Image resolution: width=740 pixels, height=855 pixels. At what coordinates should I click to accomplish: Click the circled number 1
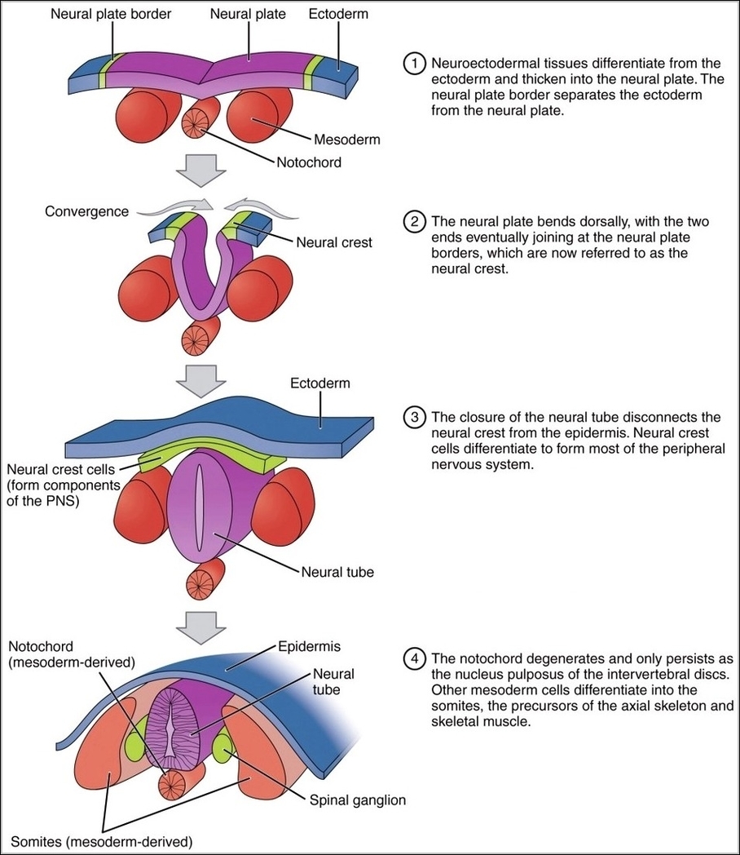click(x=416, y=64)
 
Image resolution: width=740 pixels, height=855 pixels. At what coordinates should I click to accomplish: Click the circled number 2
click(x=416, y=222)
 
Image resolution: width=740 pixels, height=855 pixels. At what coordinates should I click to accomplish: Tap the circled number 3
click(x=416, y=417)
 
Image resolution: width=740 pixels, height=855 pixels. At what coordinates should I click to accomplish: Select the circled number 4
click(x=416, y=658)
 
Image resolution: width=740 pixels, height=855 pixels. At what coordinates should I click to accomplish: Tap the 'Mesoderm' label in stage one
click(x=348, y=140)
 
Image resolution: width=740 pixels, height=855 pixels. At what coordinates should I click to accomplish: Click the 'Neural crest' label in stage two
click(x=334, y=242)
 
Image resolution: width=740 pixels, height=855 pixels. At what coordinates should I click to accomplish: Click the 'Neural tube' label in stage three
click(x=337, y=572)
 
